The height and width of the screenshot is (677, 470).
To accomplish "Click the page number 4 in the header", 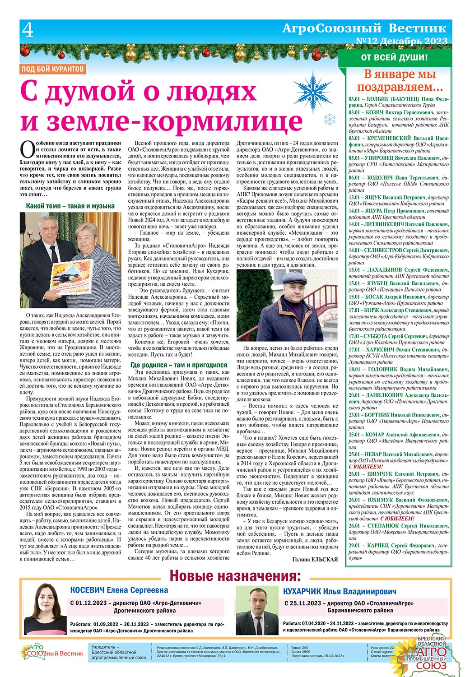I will click(x=28, y=31).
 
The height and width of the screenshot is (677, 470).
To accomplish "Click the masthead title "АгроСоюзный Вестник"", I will click(x=364, y=28).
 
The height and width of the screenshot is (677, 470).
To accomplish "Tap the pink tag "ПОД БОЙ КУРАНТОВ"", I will click(x=53, y=69).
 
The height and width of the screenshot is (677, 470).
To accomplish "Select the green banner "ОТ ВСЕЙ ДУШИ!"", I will click(x=394, y=57).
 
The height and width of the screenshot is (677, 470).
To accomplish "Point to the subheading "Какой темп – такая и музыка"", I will click(x=70, y=206).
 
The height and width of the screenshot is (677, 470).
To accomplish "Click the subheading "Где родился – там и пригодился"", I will click(x=178, y=365).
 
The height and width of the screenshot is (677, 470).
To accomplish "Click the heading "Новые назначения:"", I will click(x=235, y=576).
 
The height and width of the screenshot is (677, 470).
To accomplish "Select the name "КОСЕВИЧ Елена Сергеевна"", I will click(x=119, y=590).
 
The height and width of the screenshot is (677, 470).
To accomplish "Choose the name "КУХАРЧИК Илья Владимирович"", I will click(x=340, y=591).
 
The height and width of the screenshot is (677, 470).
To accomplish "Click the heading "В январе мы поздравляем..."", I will click(x=397, y=80).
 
